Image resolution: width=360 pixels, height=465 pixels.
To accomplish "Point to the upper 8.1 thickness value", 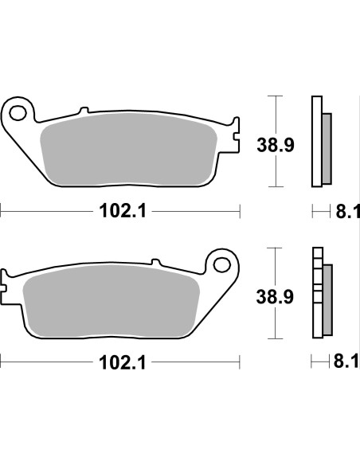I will tap(347, 212).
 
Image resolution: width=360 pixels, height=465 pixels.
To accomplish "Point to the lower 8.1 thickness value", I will tap(347, 364).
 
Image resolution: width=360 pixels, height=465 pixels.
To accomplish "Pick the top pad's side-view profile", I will tap(321, 143).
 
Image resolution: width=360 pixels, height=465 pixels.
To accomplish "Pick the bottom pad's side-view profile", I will tap(321, 295).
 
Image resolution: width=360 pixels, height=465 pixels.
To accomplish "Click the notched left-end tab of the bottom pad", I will tap(6, 287).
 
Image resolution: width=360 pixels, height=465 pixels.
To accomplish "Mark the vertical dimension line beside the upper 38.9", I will tap(275, 142).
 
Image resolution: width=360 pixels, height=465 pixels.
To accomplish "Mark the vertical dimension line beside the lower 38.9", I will tap(275, 294).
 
